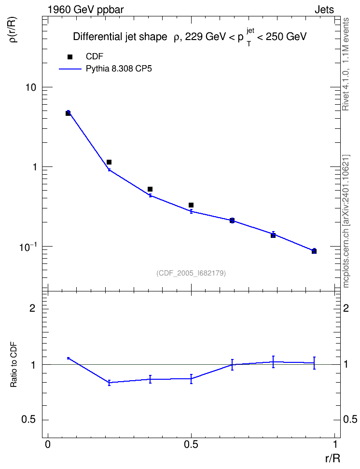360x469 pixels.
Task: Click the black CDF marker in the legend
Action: (70, 57)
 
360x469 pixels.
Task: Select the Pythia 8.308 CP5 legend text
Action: (119, 69)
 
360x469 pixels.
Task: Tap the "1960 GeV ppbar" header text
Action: (85, 10)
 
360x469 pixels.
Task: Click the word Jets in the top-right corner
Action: (324, 10)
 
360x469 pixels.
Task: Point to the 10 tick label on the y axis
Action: (30, 87)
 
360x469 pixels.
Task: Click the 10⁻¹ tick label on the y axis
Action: (28, 247)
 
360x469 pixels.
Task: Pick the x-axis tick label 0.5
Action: (191, 444)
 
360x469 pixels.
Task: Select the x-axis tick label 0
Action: (48, 444)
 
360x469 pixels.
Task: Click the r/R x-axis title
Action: (332, 458)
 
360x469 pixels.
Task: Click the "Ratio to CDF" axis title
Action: (14, 365)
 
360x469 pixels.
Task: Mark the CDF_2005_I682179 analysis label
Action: (191, 273)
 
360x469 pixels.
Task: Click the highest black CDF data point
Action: (68, 113)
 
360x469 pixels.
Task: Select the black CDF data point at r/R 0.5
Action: (191, 205)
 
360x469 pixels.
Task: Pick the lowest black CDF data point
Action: (314, 251)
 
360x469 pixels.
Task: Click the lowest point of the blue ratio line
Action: (109, 382)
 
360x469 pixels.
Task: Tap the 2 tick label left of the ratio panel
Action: (32, 308)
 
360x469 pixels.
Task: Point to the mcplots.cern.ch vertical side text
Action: (346, 221)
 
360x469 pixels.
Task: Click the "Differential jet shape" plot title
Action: (120, 37)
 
